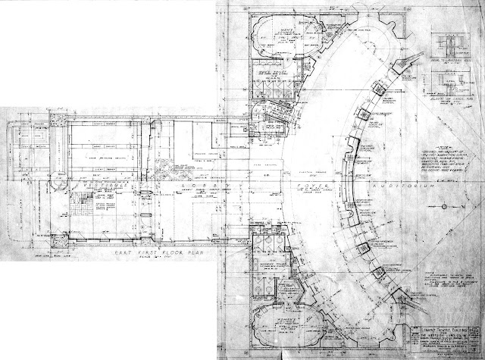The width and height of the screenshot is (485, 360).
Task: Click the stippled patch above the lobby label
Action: [162, 163]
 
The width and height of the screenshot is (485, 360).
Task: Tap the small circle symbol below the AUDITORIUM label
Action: [437, 206]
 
